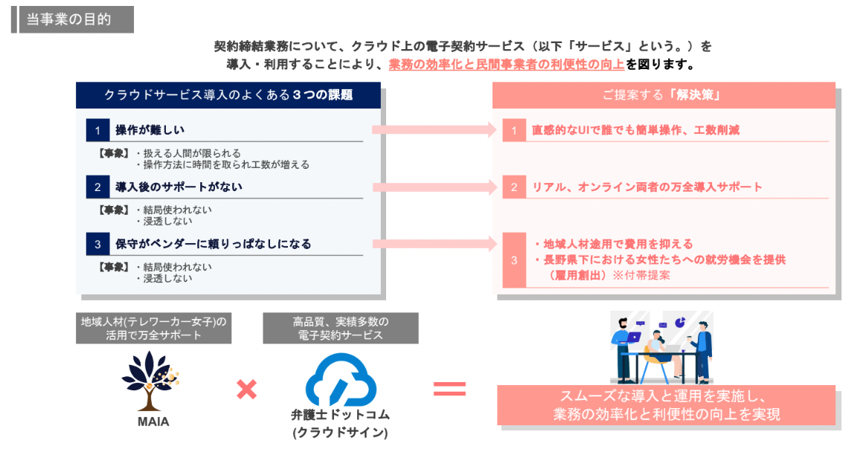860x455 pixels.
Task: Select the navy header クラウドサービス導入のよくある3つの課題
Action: [228, 95]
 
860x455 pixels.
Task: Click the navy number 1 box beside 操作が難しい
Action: [97, 130]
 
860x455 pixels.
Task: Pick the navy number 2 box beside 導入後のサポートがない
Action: [97, 187]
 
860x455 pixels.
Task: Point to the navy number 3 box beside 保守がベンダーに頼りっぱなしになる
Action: [97, 243]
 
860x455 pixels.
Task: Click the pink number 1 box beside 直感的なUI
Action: [513, 130]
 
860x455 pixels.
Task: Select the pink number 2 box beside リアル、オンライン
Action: [513, 187]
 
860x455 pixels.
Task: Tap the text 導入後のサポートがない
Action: [179, 187]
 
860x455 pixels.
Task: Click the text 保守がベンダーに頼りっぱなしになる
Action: [213, 243]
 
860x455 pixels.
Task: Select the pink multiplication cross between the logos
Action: [246, 388]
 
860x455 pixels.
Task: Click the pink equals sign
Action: [449, 388]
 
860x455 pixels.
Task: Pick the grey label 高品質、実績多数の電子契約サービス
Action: [340, 328]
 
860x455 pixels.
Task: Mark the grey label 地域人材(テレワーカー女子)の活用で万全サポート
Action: [153, 328]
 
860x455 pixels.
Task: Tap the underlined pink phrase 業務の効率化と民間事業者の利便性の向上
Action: [507, 65]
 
